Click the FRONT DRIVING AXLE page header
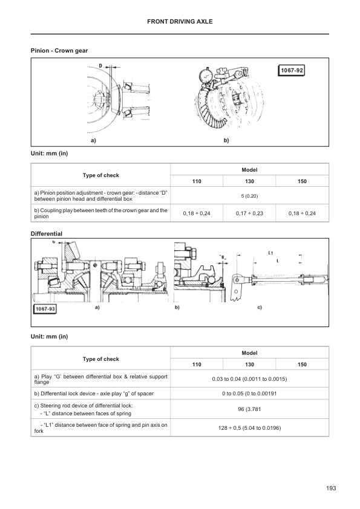[x=180, y=21]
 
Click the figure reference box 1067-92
[x=292, y=71]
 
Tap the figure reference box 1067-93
[x=45, y=309]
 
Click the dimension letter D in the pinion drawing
[x=100, y=65]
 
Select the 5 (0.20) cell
[x=249, y=196]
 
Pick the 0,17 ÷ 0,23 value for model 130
[x=249, y=213]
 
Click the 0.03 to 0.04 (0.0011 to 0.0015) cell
[x=249, y=379]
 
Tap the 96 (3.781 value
[x=249, y=409]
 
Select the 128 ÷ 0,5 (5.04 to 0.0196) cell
[x=249, y=428]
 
